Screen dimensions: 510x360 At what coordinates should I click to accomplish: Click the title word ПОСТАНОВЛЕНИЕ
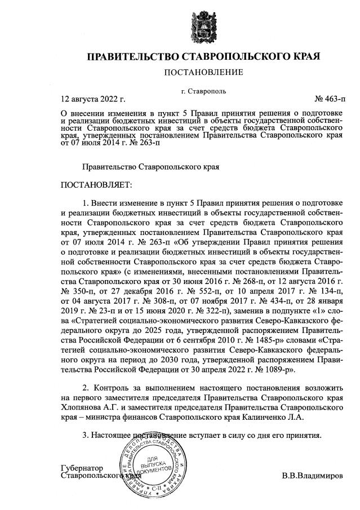coord(203,72)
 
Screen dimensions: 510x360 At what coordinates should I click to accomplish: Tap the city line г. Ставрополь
coord(203,91)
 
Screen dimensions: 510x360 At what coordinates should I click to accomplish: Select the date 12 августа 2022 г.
coord(93,100)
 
